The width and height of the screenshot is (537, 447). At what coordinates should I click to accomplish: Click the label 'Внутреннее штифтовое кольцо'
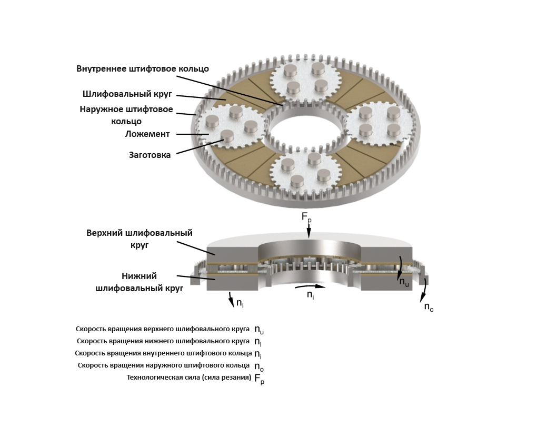tap(143, 69)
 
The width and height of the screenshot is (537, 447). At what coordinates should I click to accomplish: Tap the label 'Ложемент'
tap(147, 134)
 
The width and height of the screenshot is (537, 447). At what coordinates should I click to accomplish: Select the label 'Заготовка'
tap(150, 155)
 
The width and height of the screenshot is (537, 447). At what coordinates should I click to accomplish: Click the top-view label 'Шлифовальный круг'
tap(127, 94)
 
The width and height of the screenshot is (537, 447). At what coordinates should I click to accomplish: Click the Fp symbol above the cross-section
tap(306, 217)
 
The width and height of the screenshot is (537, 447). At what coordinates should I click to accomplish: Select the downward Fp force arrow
tap(309, 231)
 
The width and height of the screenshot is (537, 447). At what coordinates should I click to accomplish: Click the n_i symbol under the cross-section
tap(310, 295)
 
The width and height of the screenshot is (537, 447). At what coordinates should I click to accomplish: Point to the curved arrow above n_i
tap(310, 286)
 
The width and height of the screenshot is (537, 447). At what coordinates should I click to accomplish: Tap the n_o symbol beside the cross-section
tap(429, 306)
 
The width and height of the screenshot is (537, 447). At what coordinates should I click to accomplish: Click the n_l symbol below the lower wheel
tap(240, 303)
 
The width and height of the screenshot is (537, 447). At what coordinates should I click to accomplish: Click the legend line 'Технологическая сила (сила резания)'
tap(189, 378)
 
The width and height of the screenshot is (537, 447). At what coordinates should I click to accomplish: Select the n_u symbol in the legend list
tap(259, 330)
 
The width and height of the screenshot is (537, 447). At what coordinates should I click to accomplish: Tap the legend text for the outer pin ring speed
tap(164, 365)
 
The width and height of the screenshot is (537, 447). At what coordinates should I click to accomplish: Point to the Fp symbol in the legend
tap(259, 379)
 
